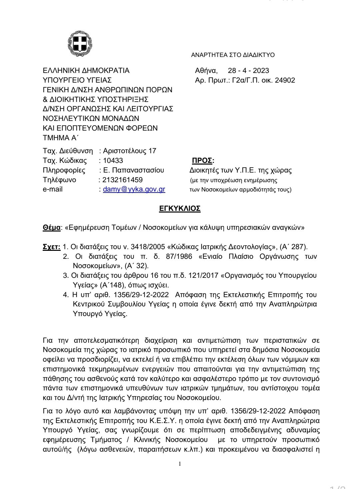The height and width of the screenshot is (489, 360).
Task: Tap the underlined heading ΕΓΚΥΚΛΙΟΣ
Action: (180, 209)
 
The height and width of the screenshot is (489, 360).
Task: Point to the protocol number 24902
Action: (285, 80)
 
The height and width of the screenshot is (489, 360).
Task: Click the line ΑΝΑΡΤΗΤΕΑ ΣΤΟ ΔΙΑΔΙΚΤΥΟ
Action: (233, 55)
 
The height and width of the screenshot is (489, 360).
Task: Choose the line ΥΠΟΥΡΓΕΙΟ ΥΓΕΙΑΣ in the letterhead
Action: (77, 80)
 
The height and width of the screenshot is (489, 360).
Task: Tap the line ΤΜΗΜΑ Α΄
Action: (60, 138)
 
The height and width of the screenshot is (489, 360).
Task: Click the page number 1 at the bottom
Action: (180, 464)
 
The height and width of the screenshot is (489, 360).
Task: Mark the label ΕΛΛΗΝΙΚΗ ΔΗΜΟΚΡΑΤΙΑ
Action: (86, 71)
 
